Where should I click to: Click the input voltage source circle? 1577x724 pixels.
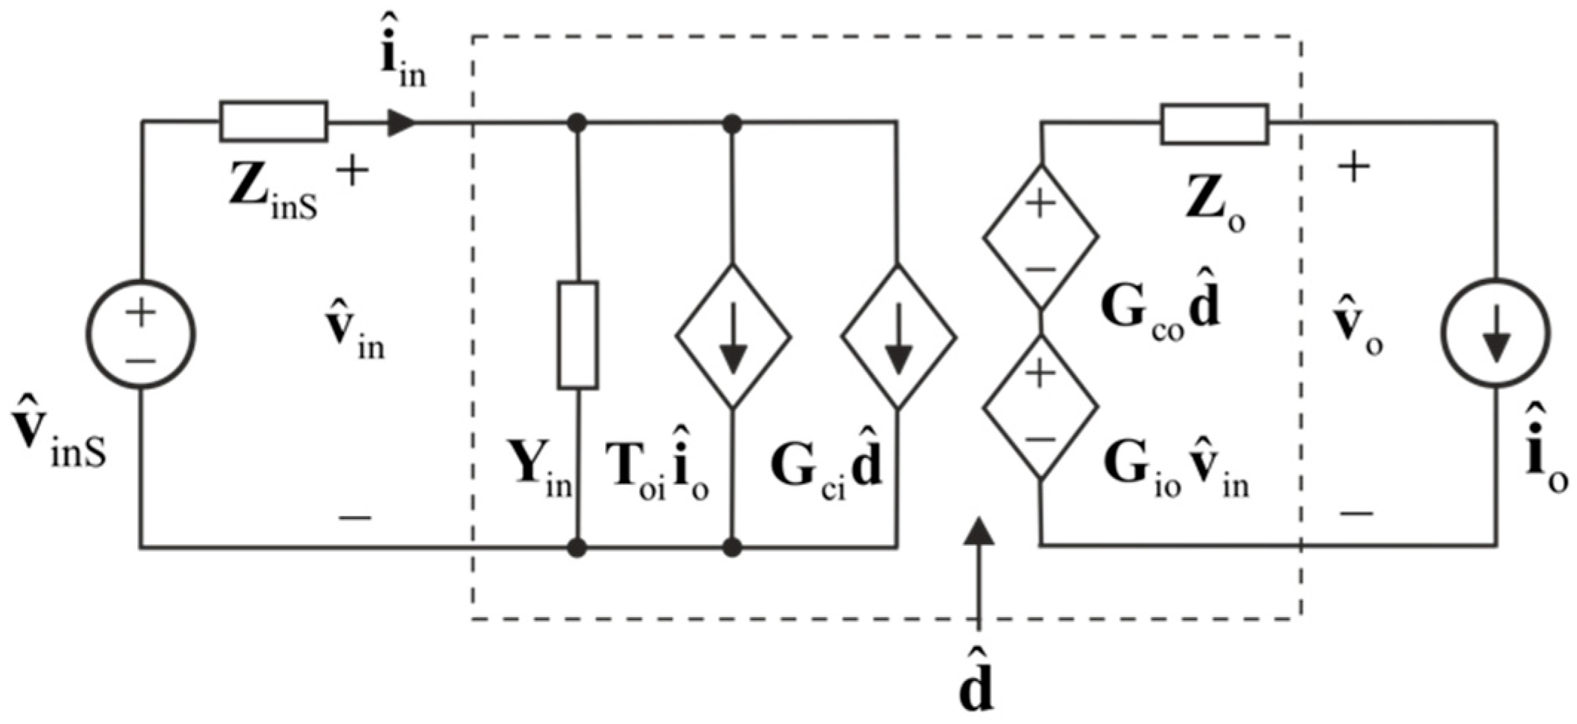click(141, 333)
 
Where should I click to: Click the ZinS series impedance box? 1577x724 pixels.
click(273, 122)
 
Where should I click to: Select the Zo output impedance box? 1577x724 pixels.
click(1215, 125)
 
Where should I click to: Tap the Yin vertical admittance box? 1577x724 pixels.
click(578, 335)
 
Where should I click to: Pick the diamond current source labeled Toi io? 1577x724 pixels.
click(733, 336)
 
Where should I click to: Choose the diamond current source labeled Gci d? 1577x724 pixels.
click(898, 336)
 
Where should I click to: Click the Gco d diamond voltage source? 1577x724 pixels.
click(1040, 237)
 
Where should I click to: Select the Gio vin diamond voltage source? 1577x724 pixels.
click(1040, 407)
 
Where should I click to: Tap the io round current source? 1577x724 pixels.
click(1495, 333)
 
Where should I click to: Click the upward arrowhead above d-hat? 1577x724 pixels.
click(979, 532)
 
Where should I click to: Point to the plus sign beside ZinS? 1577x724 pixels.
click(353, 172)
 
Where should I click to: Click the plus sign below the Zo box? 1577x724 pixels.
click(1354, 168)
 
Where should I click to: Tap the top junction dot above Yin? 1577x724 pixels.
click(577, 123)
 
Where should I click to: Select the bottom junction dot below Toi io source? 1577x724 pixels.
click(733, 548)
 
